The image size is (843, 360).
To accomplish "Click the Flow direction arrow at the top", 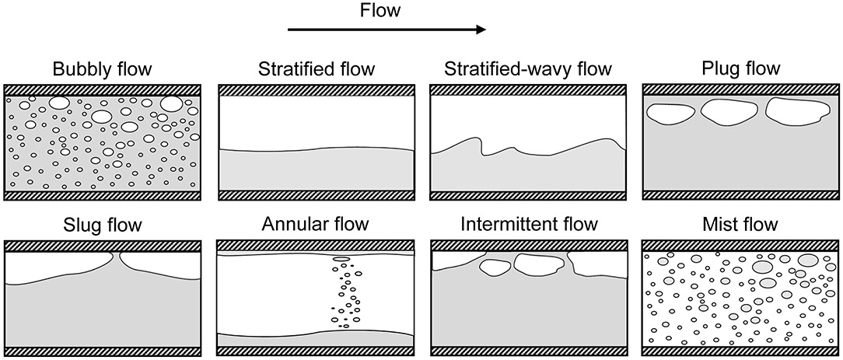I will pyautogui.click(x=387, y=30).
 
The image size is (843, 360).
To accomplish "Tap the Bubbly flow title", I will pyautogui.click(x=102, y=69).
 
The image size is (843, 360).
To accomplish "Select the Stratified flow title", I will pyautogui.click(x=316, y=70).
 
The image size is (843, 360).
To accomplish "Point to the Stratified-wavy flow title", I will pyautogui.click(x=528, y=70).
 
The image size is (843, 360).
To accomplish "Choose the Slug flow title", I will pyautogui.click(x=102, y=226).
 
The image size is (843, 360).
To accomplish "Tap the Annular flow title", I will pyautogui.click(x=315, y=225).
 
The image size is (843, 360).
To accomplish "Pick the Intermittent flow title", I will pyautogui.click(x=529, y=225).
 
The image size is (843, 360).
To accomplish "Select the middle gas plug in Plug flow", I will pyautogui.click(x=729, y=113).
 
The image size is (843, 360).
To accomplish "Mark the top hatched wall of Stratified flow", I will pyautogui.click(x=316, y=90).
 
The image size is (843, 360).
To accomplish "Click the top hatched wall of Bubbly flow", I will pyautogui.click(x=102, y=90).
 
